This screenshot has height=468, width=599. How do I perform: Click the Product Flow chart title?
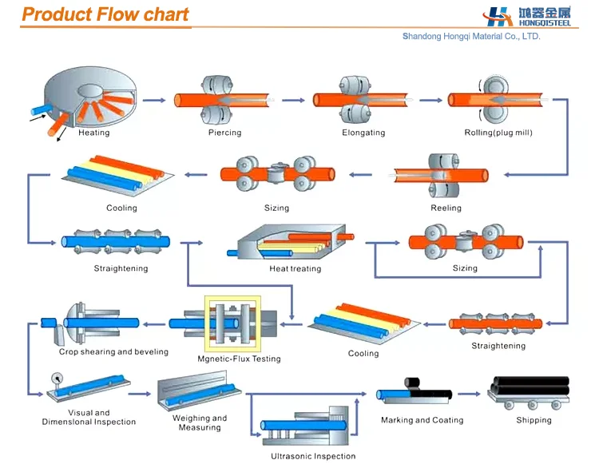105,14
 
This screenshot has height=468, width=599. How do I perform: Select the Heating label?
93,133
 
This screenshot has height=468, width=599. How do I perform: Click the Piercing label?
224,133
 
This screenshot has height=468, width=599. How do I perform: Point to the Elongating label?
363,133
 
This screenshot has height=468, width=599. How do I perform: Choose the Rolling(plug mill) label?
498,133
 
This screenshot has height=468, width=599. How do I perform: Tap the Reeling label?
446,208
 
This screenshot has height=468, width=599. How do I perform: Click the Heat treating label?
295,269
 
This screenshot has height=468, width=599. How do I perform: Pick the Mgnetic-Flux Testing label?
239,359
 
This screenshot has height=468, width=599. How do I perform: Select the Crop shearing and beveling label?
113,352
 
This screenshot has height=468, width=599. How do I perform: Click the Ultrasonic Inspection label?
312,457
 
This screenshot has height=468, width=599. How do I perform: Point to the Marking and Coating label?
422,420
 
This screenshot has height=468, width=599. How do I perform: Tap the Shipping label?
534,420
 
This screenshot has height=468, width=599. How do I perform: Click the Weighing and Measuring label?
200,422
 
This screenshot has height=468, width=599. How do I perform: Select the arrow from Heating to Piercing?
157,101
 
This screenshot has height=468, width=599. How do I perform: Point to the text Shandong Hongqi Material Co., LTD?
471,36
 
